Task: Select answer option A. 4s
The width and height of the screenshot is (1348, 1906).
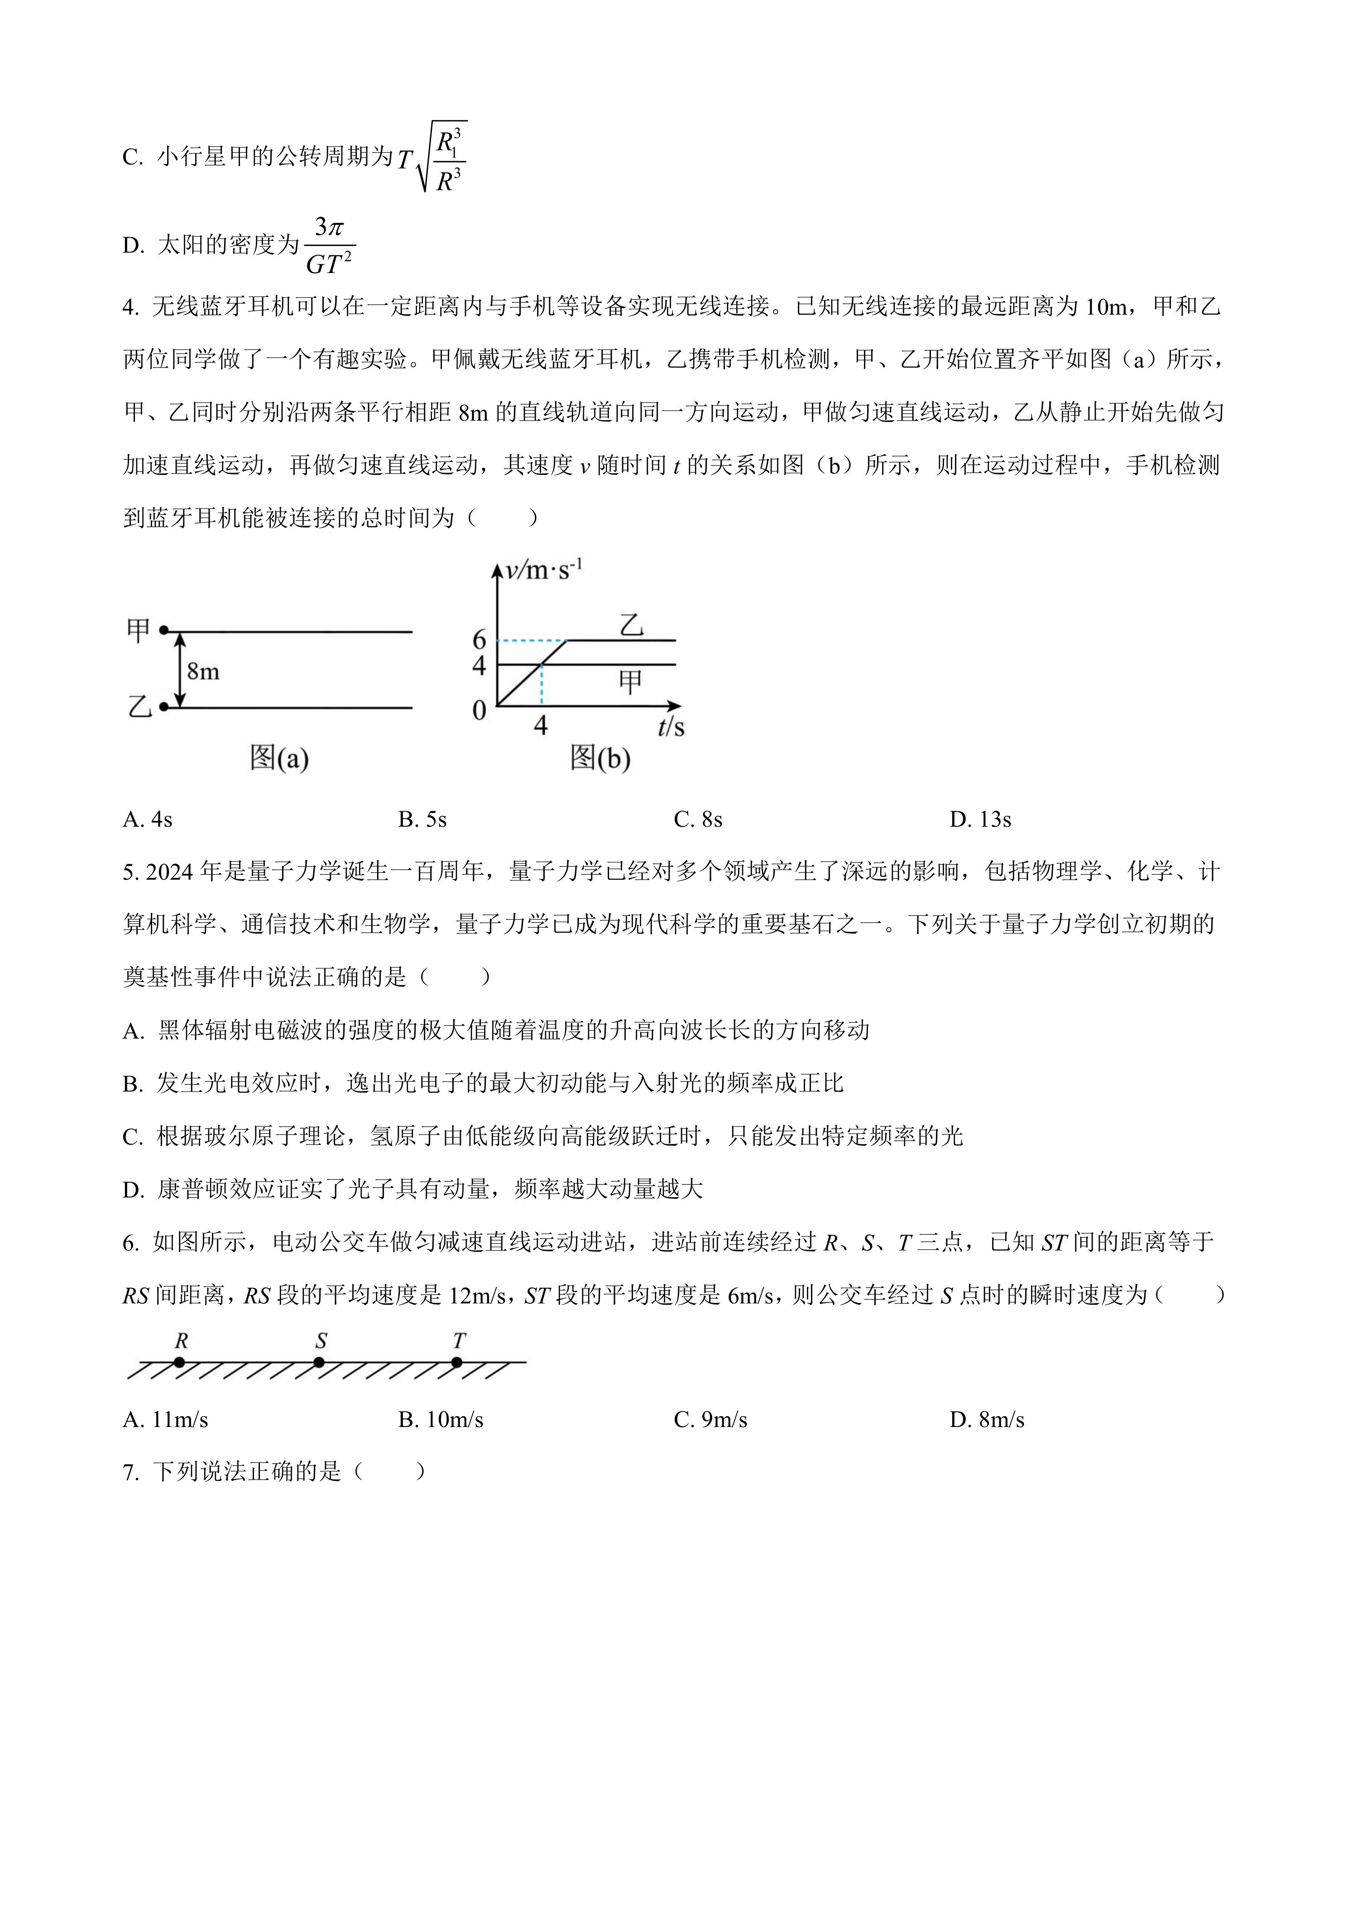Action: click(x=148, y=820)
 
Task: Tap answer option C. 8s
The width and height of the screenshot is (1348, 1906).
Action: click(x=698, y=820)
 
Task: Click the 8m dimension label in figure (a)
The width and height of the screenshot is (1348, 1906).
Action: click(x=203, y=671)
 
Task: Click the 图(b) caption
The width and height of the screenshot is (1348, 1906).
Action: click(x=600, y=757)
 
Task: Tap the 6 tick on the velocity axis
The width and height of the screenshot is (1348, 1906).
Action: click(x=479, y=639)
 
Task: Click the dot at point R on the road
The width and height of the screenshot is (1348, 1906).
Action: click(x=179, y=1362)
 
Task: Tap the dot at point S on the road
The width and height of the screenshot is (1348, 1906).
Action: click(x=319, y=1362)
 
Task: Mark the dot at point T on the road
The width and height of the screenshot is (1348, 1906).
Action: click(x=456, y=1362)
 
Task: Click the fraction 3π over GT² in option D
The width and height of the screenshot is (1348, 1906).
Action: click(x=330, y=246)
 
